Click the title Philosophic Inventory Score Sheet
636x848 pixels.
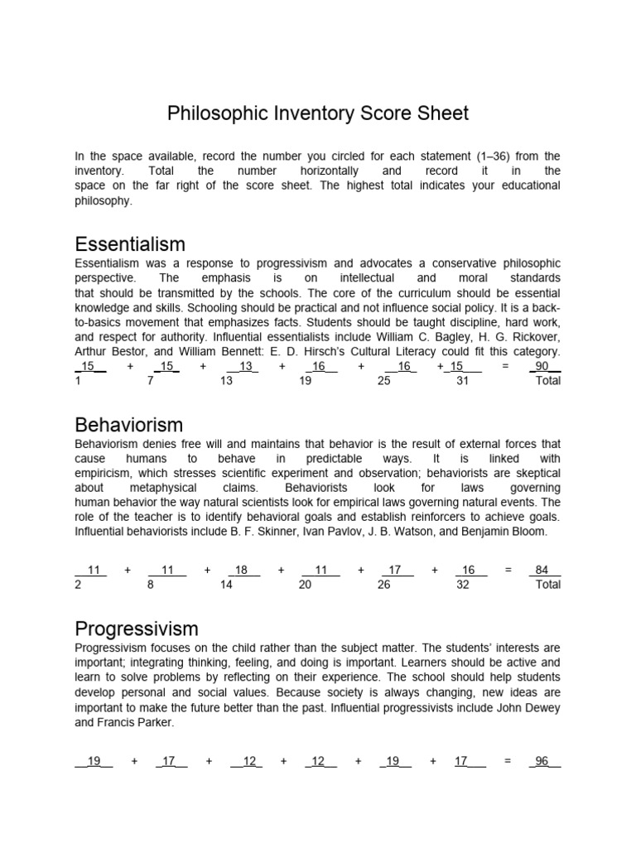point(318,113)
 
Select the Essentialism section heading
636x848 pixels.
point(130,244)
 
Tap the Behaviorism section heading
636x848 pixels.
point(128,426)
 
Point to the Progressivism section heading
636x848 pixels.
point(137,629)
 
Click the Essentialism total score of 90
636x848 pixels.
point(544,366)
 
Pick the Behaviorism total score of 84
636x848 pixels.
point(543,570)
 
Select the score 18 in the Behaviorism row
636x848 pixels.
point(242,570)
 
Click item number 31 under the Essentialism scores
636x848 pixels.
point(463,381)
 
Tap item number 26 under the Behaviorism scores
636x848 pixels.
point(384,585)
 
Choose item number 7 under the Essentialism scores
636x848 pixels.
point(150,381)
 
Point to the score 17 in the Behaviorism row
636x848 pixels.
point(396,570)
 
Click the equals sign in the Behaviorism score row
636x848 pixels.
point(508,570)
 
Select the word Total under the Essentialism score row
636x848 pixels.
point(548,381)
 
